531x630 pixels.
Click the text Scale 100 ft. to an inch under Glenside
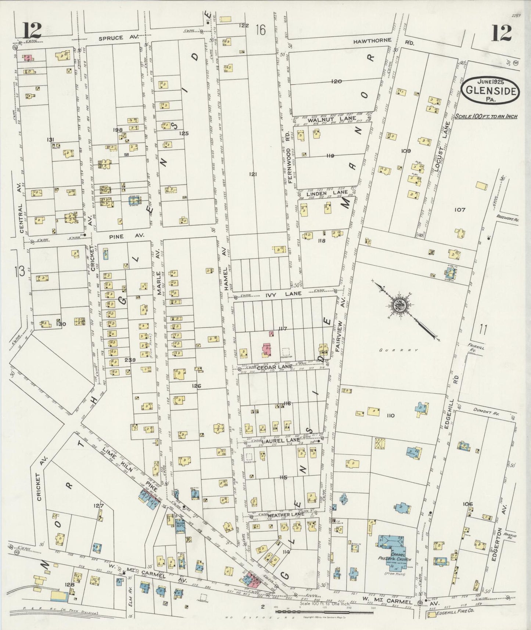(485, 116)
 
